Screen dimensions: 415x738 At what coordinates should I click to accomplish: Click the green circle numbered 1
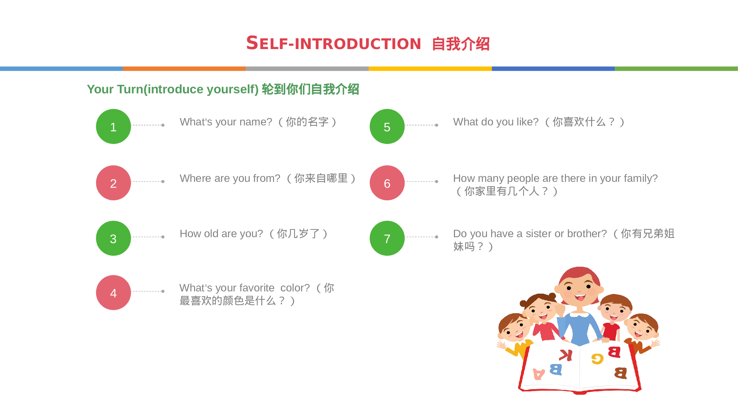pyautogui.click(x=113, y=127)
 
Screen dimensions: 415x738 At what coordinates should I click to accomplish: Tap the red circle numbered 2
pyautogui.click(x=113, y=183)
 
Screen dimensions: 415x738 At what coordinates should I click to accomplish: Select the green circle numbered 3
pyautogui.click(x=113, y=238)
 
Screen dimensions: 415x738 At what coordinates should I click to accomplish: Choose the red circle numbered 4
pyautogui.click(x=113, y=293)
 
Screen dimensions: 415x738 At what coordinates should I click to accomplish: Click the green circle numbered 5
pyautogui.click(x=387, y=127)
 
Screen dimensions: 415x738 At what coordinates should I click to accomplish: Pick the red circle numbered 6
pyautogui.click(x=387, y=183)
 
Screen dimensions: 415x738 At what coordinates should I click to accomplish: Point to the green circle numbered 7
pyautogui.click(x=387, y=238)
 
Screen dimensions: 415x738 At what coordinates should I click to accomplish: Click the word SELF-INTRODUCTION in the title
pyautogui.click(x=334, y=44)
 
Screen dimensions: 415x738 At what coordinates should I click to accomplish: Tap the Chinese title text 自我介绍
pyautogui.click(x=461, y=44)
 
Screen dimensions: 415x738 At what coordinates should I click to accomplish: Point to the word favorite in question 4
pyautogui.click(x=251, y=288)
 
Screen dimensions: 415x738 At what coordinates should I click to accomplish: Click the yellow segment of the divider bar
pyautogui.click(x=430, y=69)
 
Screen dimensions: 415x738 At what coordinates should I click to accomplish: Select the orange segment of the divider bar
pyautogui.click(x=184, y=69)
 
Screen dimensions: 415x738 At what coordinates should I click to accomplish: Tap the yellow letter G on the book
pyautogui.click(x=597, y=359)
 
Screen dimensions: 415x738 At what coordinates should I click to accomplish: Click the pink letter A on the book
pyautogui.click(x=539, y=374)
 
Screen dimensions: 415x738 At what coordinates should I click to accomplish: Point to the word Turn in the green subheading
pyautogui.click(x=130, y=89)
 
